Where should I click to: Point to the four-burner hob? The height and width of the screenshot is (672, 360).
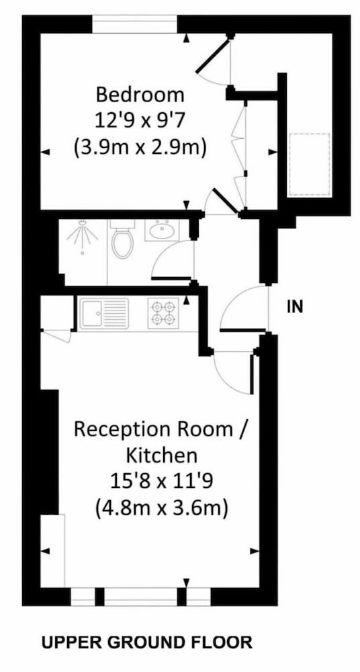pyautogui.click(x=163, y=314)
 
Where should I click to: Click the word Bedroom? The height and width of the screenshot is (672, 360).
pyautogui.click(x=140, y=95)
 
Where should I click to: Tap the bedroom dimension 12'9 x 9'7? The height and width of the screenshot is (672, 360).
pyautogui.click(x=140, y=121)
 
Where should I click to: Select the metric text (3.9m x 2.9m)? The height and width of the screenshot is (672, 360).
pyautogui.click(x=140, y=148)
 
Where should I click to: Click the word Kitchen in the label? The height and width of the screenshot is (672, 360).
pyautogui.click(x=162, y=456)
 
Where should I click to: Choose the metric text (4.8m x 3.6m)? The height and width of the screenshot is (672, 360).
pyautogui.click(x=162, y=509)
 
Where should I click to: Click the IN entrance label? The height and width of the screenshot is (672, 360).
pyautogui.click(x=295, y=307)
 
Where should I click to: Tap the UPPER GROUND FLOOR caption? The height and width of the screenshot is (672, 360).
pyautogui.click(x=146, y=642)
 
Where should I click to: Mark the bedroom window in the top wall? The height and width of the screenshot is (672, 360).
pyautogui.click(x=134, y=24)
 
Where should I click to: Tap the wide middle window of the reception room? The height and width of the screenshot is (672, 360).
pyautogui.click(x=140, y=597)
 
